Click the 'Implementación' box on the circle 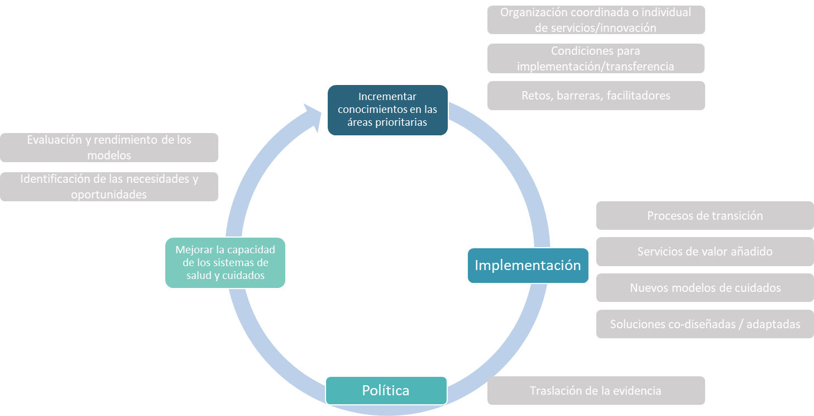528,265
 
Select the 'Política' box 386,390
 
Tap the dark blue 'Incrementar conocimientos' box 387,110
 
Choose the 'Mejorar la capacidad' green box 225,263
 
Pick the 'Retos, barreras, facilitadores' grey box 596,96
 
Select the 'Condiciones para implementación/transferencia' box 596,59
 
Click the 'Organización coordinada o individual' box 596,20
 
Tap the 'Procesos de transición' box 705,216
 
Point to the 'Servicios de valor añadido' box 705,252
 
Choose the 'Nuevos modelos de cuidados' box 705,288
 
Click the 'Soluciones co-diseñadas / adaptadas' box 705,324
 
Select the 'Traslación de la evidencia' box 596,391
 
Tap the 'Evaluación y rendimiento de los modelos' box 109,148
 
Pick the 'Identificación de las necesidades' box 109,187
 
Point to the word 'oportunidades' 109,195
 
